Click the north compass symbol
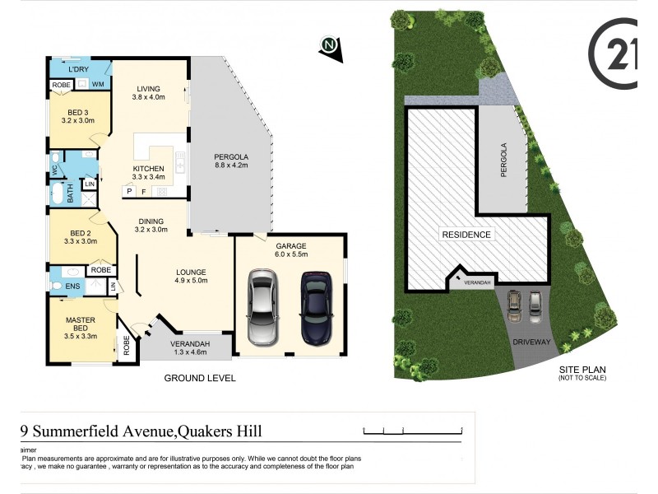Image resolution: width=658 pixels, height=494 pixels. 331,46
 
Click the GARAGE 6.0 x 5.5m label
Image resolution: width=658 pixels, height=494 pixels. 292,250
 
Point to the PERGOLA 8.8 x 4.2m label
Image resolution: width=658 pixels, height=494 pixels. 231,161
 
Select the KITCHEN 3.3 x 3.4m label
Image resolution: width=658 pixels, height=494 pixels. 149,172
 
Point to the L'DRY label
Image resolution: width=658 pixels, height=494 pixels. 79,68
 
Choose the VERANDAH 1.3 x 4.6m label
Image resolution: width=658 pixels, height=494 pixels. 189,347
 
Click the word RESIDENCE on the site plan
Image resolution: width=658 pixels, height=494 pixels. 466,235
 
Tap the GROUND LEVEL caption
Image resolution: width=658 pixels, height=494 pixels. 200,378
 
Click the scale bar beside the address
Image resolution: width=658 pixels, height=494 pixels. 414,430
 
